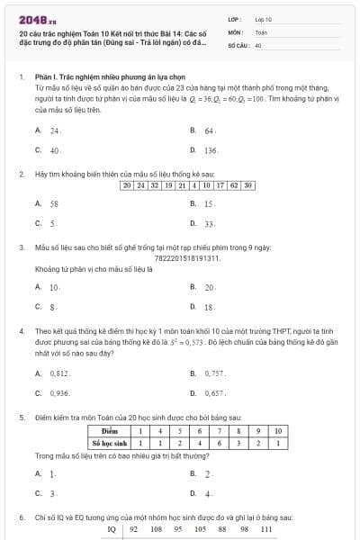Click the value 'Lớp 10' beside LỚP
[263, 18]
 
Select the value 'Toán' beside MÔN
[261, 31]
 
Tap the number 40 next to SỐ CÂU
[258, 43]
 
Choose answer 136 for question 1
[210, 150]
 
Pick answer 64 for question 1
[208, 130]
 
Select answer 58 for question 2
[54, 203]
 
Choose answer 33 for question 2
[209, 223]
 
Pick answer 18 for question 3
[208, 307]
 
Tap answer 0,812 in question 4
[59, 373]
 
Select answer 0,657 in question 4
[214, 393]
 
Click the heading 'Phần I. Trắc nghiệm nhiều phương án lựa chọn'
[94, 78]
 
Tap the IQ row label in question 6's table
[112, 530]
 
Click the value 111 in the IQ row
[265, 530]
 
